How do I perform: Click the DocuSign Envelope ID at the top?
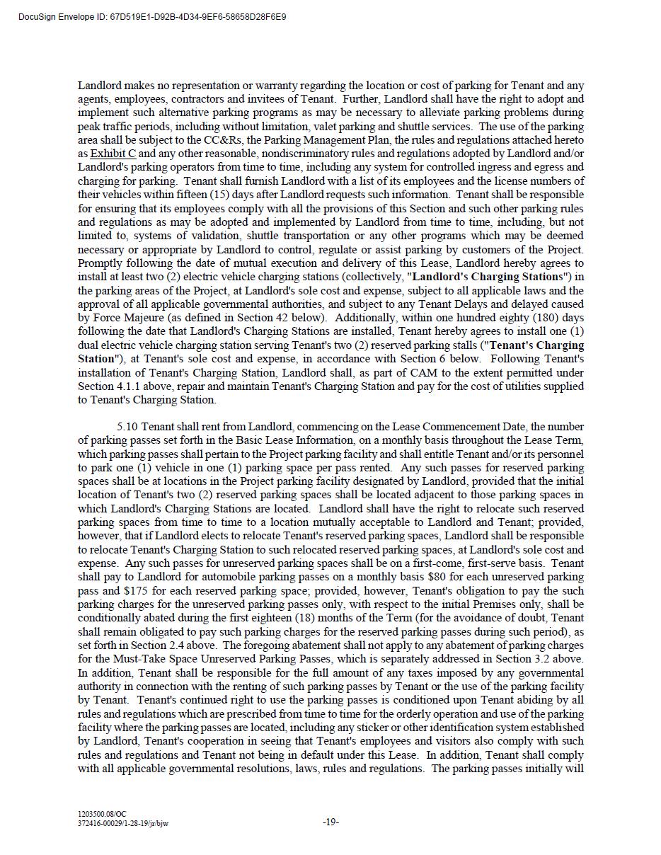[152, 16]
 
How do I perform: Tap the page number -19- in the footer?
[330, 822]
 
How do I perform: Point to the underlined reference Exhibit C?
[113, 154]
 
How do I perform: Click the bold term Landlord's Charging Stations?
[488, 277]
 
